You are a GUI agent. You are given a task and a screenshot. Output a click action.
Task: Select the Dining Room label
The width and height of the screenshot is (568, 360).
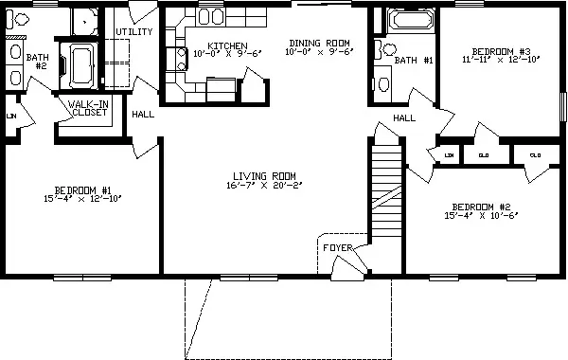(320, 44)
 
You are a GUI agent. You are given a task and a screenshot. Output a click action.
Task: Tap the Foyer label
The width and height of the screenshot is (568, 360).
(338, 248)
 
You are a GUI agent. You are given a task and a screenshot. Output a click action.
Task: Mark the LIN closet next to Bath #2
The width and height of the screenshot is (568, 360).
(11, 117)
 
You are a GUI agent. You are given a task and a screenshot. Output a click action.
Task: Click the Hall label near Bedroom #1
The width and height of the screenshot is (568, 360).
(143, 115)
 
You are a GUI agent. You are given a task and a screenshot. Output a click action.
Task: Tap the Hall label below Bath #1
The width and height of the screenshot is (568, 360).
(404, 117)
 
